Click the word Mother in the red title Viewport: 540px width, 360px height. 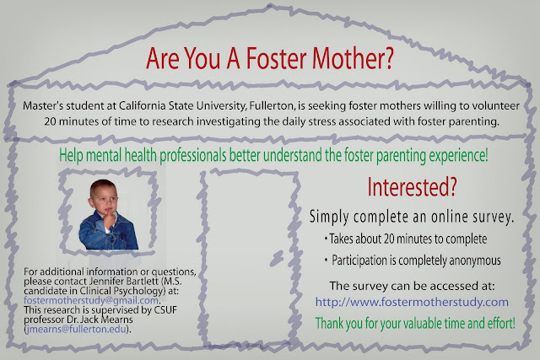point(353,58)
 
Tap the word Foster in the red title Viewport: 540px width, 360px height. point(276,58)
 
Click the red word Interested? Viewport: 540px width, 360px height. point(412,187)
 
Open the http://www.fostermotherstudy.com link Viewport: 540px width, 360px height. point(412,302)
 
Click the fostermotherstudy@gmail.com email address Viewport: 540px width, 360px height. point(91,300)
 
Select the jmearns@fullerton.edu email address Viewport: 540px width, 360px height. point(76,329)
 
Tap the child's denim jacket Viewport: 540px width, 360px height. point(108,232)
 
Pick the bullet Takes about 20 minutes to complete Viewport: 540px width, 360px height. point(408,239)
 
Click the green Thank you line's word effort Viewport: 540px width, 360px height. point(501,324)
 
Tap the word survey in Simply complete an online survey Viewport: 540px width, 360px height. point(493,217)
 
